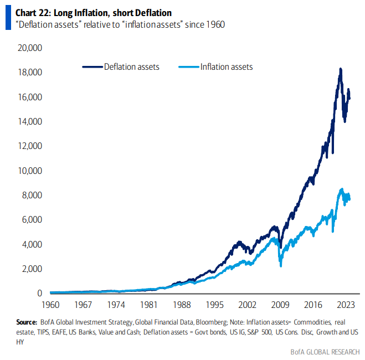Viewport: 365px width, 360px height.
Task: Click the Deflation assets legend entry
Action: (x=131, y=67)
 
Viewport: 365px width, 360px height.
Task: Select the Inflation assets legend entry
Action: (x=227, y=67)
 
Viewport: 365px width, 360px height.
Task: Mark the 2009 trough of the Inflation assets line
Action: (x=281, y=266)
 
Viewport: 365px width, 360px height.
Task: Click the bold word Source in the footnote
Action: (x=27, y=322)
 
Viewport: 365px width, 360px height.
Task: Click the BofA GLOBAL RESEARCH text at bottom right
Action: (x=325, y=351)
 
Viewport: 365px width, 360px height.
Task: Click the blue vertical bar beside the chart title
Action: (x=8, y=18)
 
